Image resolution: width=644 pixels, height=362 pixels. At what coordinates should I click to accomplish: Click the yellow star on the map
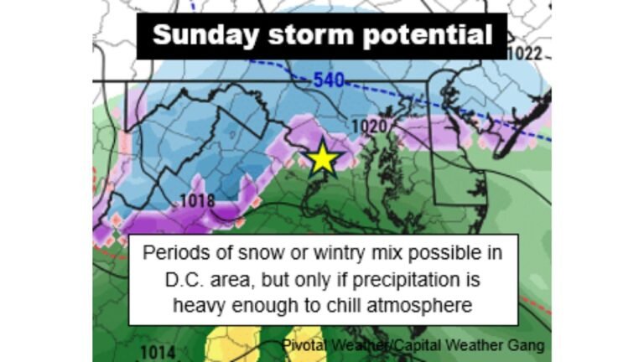323,158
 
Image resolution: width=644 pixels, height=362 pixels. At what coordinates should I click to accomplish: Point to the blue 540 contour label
330,81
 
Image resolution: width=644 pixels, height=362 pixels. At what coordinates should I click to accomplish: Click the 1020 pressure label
368,127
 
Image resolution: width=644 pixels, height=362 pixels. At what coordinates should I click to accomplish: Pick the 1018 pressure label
198,202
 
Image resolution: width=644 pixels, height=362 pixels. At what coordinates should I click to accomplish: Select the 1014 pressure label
158,352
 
